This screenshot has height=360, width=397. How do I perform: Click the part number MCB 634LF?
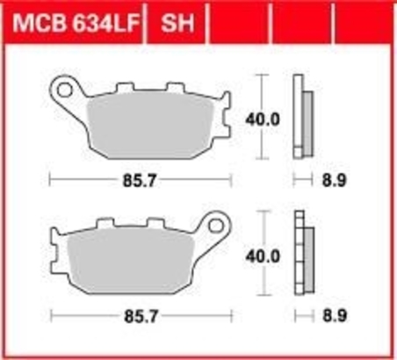tap(75, 23)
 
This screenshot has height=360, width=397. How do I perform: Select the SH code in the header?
tap(177, 23)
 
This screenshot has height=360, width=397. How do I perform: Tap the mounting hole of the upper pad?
tap(65, 90)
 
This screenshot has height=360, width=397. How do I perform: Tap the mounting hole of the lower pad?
tap(216, 226)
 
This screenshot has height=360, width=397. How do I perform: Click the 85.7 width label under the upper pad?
tap(140, 181)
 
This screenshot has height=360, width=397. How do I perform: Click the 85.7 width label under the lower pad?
tap(141, 316)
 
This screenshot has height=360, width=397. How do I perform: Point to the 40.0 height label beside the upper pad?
tap(263, 119)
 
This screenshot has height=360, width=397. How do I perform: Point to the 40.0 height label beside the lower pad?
tap(263, 256)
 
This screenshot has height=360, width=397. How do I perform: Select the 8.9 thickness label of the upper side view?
tap(335, 180)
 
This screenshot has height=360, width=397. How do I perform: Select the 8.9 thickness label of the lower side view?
tap(335, 316)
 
